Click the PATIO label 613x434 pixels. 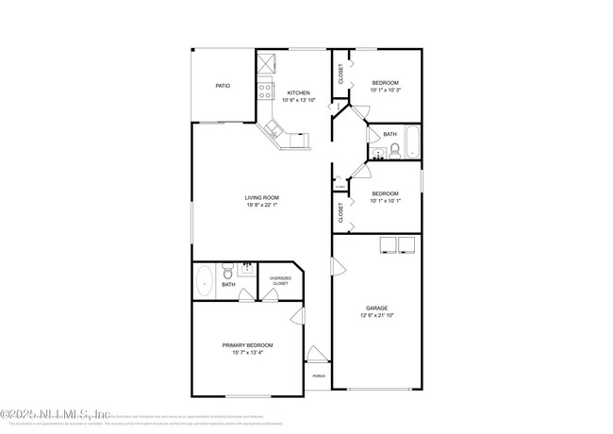(x=223, y=86)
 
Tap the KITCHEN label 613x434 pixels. (x=299, y=92)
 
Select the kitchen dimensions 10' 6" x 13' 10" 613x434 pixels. (x=299, y=100)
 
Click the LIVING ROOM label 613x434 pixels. (x=262, y=197)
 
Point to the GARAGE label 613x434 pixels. (x=377, y=308)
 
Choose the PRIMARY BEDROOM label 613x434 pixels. (x=249, y=345)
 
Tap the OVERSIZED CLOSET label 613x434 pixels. (x=280, y=279)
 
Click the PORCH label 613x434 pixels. (x=318, y=376)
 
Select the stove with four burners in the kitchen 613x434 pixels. (x=266, y=92)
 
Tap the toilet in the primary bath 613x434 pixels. (x=226, y=270)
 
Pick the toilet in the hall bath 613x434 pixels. (x=394, y=149)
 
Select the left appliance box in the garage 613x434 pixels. (x=387, y=245)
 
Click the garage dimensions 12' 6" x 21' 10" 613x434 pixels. (x=377, y=315)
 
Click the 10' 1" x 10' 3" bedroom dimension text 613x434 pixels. (x=385, y=91)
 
